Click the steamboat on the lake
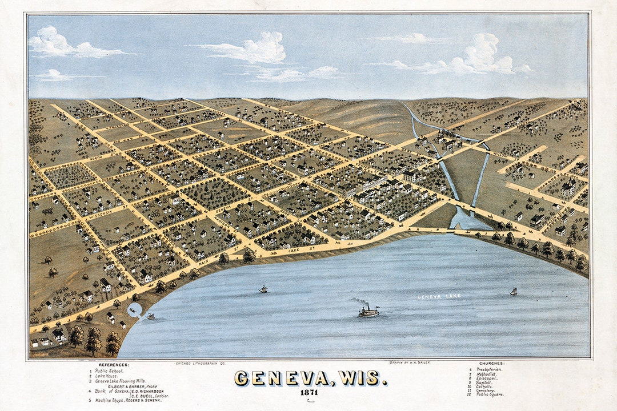point(368,312)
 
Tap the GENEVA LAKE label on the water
point(438,297)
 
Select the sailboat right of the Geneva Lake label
point(513,291)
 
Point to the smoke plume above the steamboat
point(359,301)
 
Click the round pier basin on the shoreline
point(135,310)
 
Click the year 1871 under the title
point(308,393)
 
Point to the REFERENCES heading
point(114,364)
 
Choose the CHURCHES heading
point(491,364)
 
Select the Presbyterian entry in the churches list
point(489,369)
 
